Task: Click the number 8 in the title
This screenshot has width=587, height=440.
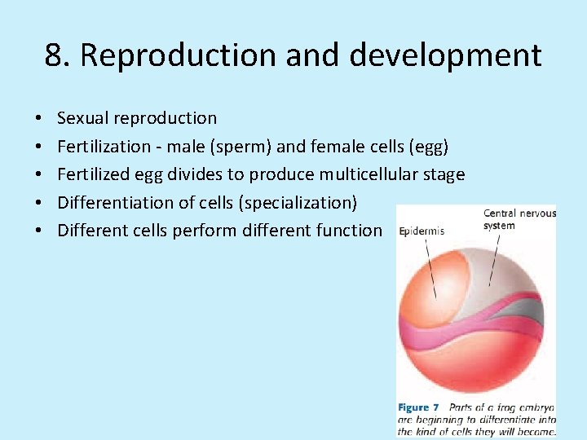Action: [x=54, y=55]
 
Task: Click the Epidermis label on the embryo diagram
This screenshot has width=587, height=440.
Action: [x=421, y=231]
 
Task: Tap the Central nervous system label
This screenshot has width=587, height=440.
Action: [x=519, y=219]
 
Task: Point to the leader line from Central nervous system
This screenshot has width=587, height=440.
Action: [x=494, y=261]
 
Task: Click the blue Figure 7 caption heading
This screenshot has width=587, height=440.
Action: [x=418, y=407]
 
